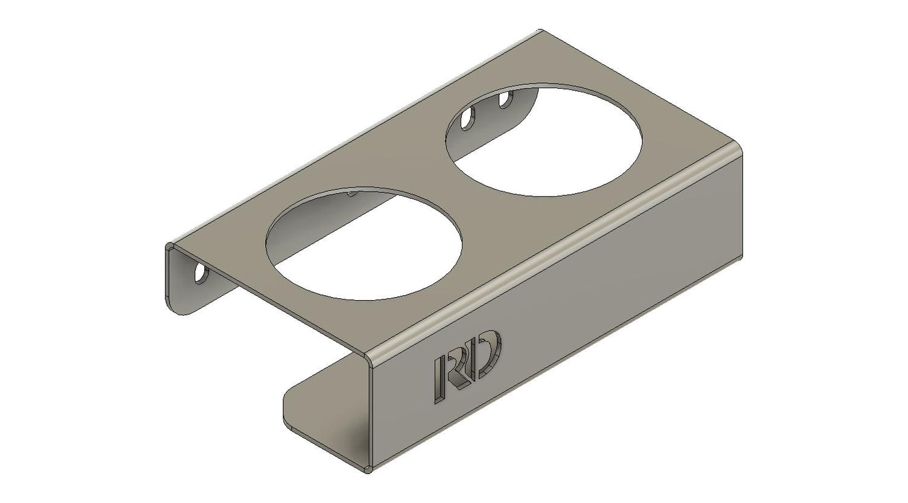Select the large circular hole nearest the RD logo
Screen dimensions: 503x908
(364, 245)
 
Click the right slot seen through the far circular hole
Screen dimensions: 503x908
(504, 99)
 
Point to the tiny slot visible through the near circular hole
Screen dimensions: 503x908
(351, 193)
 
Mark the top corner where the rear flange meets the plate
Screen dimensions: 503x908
(170, 245)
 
